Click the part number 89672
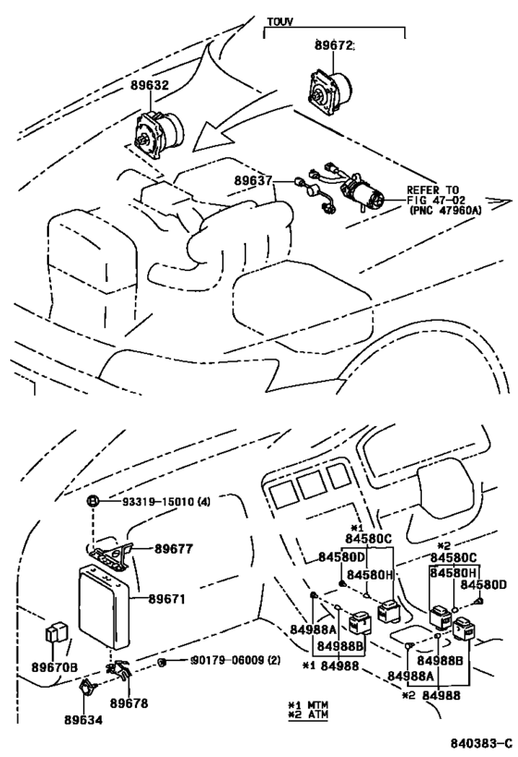334,45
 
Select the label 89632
149,85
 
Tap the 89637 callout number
253,180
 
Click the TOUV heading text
280,22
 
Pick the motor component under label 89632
159,133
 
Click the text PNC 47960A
445,210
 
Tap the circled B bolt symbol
92,501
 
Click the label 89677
174,549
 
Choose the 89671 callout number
166,599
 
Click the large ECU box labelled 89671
105,604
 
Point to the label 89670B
55,667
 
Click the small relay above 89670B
57,632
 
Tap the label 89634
83,720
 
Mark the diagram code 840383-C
481,742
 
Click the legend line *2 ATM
307,714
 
